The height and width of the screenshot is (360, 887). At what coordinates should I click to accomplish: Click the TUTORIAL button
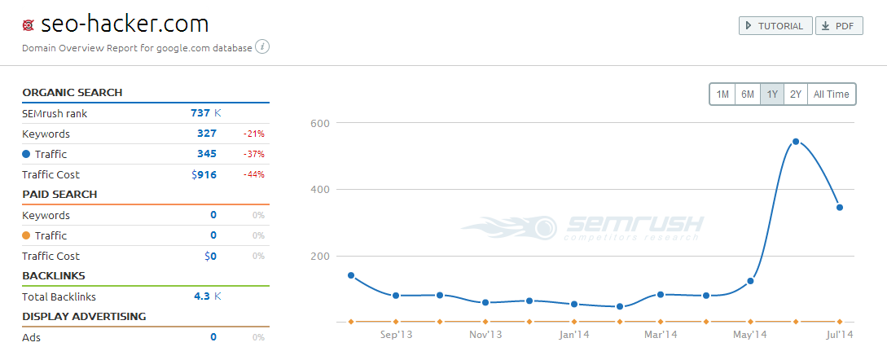(x=775, y=26)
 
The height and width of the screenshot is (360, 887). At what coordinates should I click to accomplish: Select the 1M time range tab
(x=722, y=94)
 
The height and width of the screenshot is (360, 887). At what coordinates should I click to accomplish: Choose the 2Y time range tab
(x=796, y=94)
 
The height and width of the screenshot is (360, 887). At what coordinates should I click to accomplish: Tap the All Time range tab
(x=831, y=94)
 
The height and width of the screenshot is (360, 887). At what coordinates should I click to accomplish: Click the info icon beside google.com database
(x=262, y=47)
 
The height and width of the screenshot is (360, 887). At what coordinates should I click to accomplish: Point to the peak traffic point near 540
(x=795, y=142)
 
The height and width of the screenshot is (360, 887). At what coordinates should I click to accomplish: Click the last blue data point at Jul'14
(x=840, y=207)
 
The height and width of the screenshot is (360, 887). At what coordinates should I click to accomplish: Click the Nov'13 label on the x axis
(x=485, y=335)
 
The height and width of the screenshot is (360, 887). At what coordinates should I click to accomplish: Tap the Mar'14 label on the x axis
(x=660, y=335)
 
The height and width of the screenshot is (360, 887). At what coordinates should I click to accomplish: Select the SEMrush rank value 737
(x=200, y=113)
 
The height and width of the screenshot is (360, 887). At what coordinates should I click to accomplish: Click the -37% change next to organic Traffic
(x=253, y=154)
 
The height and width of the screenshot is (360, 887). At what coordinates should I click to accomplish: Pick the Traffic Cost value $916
(x=204, y=174)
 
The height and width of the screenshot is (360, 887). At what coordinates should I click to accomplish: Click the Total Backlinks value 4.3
(x=202, y=296)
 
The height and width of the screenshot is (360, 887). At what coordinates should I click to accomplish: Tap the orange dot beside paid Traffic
(x=26, y=235)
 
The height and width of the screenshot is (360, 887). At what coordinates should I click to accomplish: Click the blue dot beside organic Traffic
(x=26, y=154)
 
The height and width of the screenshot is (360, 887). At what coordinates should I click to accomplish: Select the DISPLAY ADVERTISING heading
(x=84, y=316)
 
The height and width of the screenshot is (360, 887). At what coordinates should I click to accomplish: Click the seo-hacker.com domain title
(x=124, y=24)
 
